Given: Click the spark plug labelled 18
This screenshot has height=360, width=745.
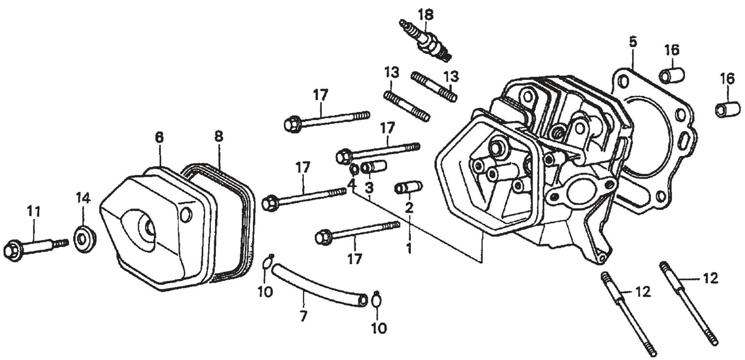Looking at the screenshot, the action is tap(426, 42).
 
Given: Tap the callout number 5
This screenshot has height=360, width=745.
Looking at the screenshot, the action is tap(633, 42).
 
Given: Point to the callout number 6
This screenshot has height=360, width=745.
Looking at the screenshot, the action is tap(160, 137).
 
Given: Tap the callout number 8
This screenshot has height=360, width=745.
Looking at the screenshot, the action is tap(219, 137).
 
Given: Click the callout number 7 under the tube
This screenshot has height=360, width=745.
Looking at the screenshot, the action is tap(303, 316).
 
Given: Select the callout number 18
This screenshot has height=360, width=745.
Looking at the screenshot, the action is tap(426, 14).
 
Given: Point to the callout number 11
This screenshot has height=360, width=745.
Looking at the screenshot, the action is tap(34, 211).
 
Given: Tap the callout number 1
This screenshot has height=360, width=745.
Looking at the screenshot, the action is tap(409, 248).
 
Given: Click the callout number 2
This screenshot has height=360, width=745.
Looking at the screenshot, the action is tap(409, 208).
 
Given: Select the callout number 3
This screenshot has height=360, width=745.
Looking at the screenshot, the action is tap(369, 188).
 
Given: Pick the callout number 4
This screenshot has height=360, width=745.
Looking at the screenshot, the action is tap(351, 184).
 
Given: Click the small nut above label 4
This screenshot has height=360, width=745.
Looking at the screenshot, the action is tap(354, 170).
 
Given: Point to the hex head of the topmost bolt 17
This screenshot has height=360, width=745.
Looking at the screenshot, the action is tap(292, 124).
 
